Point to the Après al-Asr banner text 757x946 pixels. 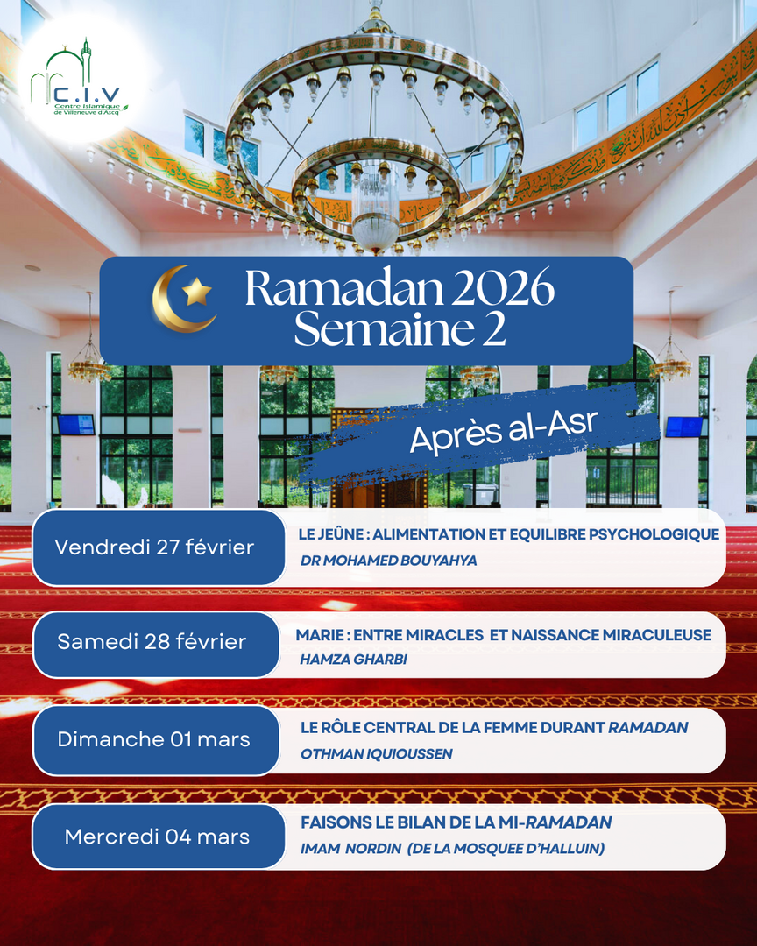(503, 431)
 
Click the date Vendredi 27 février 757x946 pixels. (154, 547)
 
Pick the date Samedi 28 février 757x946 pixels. (152, 642)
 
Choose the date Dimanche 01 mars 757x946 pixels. (153, 739)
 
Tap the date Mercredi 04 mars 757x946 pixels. (157, 837)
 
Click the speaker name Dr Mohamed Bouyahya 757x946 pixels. (388, 561)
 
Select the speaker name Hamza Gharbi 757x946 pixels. (353, 660)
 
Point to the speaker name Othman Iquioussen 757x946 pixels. (376, 753)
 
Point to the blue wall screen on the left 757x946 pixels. (75, 425)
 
